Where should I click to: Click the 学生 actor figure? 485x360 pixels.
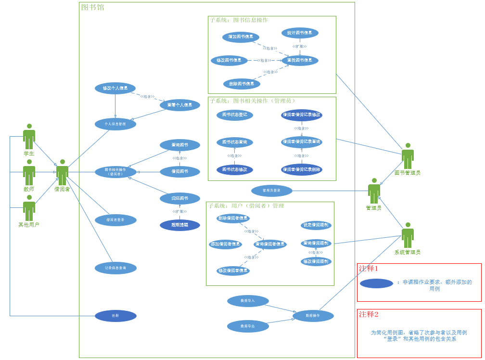[x=29, y=137]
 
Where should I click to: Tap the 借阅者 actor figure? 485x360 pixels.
[x=62, y=172]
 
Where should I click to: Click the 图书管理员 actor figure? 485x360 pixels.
[x=408, y=156]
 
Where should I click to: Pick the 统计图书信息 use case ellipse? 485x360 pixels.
[x=300, y=33]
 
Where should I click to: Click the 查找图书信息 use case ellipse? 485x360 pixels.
[x=300, y=61]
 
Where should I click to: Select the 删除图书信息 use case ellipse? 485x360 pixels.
[x=242, y=84]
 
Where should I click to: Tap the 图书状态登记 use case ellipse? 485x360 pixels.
[x=234, y=115]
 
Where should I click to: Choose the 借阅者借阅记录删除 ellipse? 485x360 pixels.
[x=302, y=169]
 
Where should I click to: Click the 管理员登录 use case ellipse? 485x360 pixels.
[x=272, y=191]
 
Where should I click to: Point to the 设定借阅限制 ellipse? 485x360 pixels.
[x=316, y=225]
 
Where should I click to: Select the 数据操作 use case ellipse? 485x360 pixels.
[x=313, y=316]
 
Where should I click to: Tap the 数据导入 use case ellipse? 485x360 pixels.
[x=248, y=301]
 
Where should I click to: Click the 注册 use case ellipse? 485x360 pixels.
[x=115, y=316]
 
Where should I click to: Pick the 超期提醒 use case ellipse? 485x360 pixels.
[x=180, y=225]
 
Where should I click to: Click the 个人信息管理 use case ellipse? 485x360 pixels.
[x=115, y=124]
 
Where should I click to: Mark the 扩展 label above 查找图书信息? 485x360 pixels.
[x=299, y=47]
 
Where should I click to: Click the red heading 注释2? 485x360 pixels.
[x=369, y=314]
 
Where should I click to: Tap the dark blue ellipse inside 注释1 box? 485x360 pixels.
[x=376, y=283]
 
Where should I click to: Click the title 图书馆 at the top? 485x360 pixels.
[x=92, y=7]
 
